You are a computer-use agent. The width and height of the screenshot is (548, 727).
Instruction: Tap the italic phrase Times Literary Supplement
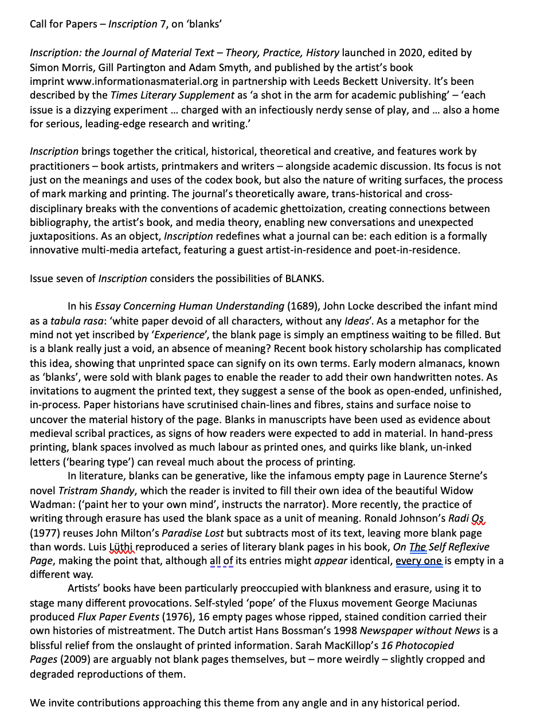[173, 95]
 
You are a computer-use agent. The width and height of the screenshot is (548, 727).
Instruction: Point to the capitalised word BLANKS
[304, 279]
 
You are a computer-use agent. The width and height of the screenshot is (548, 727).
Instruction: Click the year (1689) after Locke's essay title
[303, 306]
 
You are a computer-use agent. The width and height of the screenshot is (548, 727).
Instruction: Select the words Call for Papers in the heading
[64, 24]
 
